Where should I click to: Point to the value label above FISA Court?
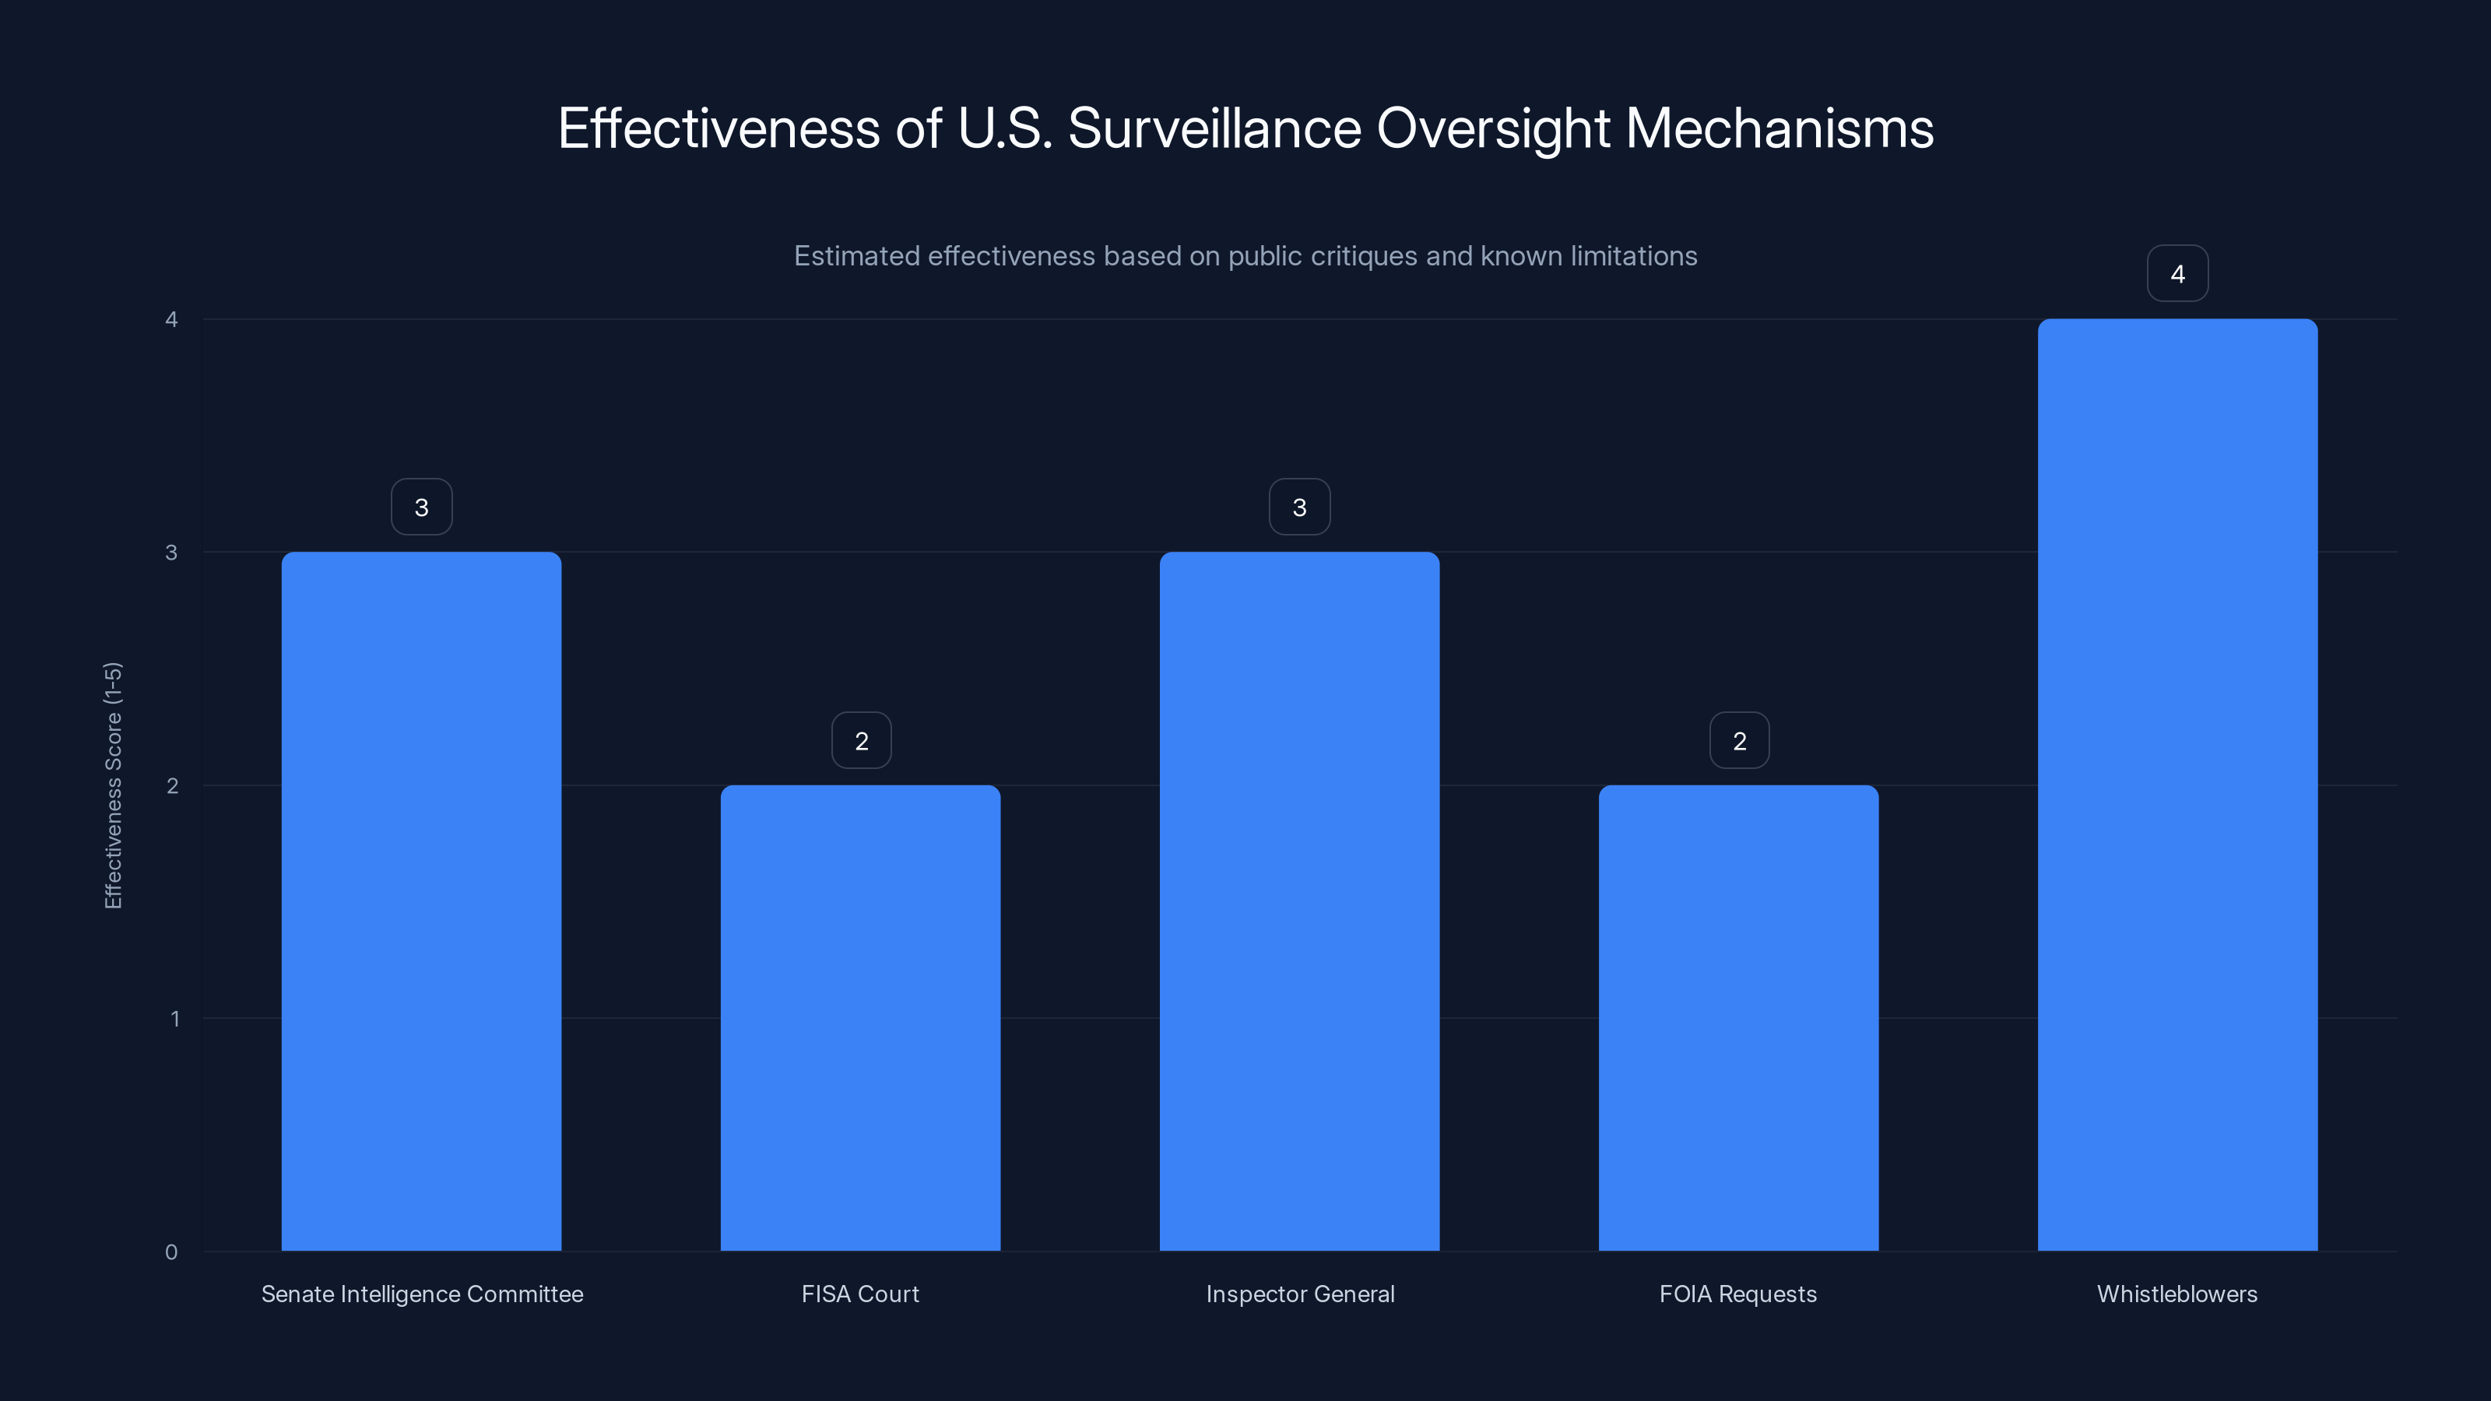[861, 741]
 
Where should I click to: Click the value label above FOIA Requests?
[1739, 741]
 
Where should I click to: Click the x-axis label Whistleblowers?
[2177, 1294]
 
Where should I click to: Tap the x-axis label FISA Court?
[859, 1294]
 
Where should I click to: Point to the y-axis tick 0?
[171, 1252]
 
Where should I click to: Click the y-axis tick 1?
[174, 1018]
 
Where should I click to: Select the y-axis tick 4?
[171, 319]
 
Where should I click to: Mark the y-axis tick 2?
[172, 785]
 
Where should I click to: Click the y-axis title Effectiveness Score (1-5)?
[113, 785]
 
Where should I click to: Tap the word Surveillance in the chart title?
[1214, 128]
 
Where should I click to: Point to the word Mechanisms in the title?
[1780, 128]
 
